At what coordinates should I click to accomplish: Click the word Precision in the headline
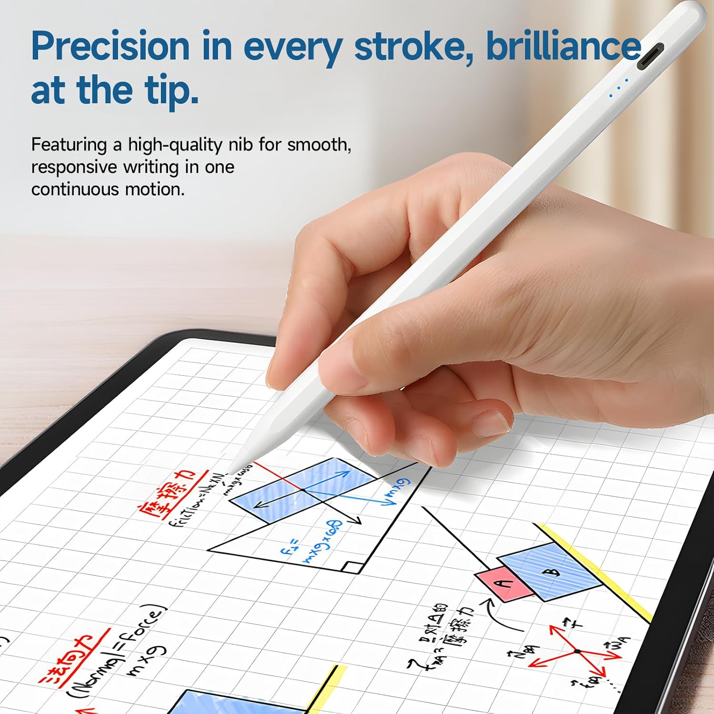(110, 47)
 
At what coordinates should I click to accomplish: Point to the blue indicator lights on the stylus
(619, 88)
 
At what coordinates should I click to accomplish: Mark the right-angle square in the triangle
(353, 567)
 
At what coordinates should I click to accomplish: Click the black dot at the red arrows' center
(577, 651)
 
